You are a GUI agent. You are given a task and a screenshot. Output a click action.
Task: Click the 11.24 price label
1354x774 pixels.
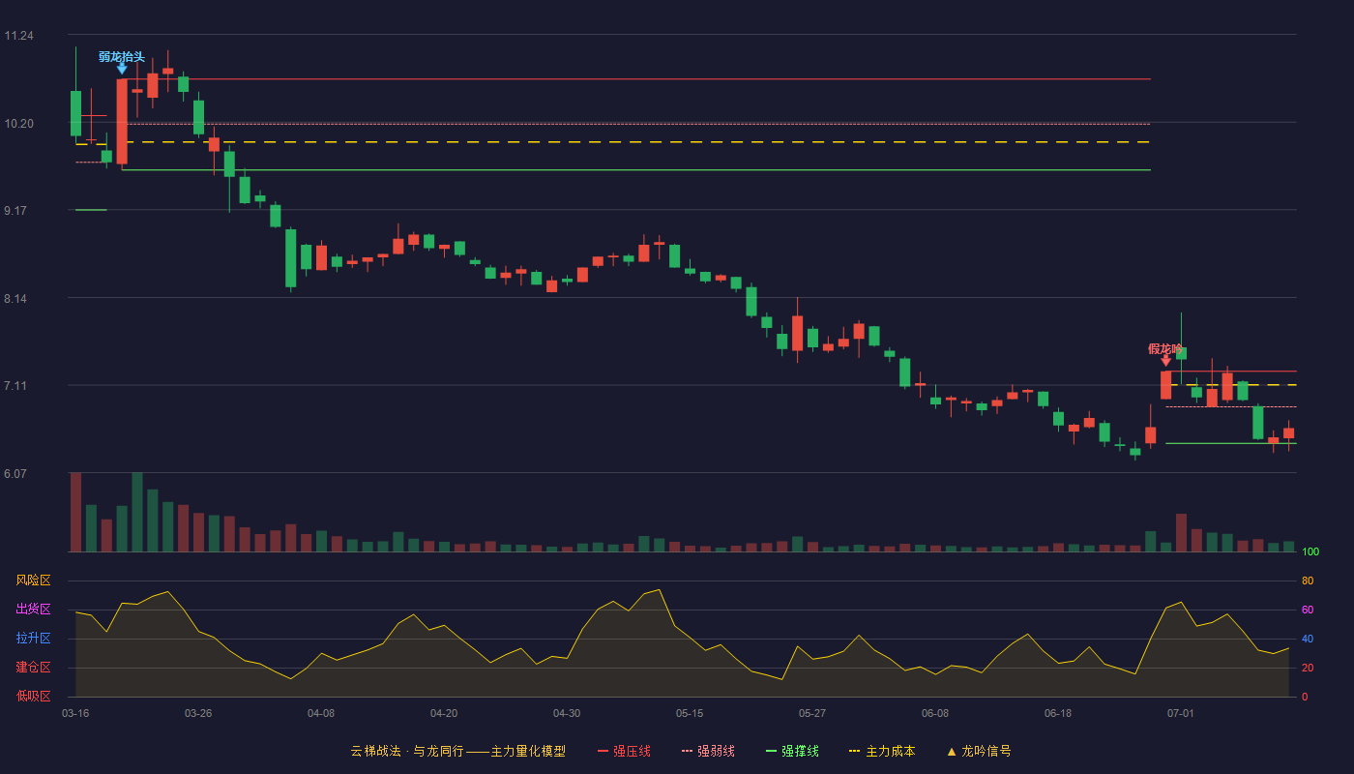(x=18, y=36)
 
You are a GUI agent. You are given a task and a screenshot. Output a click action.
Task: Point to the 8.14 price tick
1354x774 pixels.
(x=15, y=299)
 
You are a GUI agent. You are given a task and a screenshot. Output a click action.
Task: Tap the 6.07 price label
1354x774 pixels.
(x=15, y=473)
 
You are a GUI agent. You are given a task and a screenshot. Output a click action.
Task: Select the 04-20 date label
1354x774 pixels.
(x=444, y=714)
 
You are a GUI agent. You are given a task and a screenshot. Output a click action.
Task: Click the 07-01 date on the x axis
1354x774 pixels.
(x=1181, y=714)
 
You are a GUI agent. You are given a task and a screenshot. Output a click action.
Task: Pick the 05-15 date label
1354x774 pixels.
(x=690, y=714)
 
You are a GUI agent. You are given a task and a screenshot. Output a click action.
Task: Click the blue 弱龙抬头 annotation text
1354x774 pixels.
(x=122, y=57)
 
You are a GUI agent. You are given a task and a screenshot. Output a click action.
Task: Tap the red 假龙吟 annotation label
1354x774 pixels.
(x=1164, y=349)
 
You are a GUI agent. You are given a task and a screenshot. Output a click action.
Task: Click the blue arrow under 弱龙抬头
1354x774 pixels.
(x=122, y=69)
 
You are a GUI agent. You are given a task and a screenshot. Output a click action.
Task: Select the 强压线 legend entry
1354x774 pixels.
(x=624, y=751)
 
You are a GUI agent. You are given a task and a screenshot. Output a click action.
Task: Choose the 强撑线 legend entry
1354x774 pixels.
(x=792, y=751)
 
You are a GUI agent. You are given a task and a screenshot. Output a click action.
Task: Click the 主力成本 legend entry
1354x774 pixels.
(x=882, y=751)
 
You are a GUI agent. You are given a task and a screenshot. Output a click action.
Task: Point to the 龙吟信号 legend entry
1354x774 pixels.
(x=979, y=751)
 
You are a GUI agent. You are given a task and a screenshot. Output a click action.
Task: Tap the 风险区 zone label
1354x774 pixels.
(x=33, y=580)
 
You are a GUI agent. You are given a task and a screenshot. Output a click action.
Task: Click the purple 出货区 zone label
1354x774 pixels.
(x=33, y=609)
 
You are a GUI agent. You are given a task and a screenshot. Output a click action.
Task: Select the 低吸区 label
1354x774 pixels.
(x=33, y=696)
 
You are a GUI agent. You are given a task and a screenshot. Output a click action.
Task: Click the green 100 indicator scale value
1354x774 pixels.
(x=1310, y=551)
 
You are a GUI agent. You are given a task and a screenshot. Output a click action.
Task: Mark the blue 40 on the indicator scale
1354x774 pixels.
(x=1308, y=639)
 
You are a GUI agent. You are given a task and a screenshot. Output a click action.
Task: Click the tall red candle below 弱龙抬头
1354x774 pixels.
(x=122, y=122)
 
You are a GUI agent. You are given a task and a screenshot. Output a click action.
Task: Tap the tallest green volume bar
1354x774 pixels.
(x=137, y=512)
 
